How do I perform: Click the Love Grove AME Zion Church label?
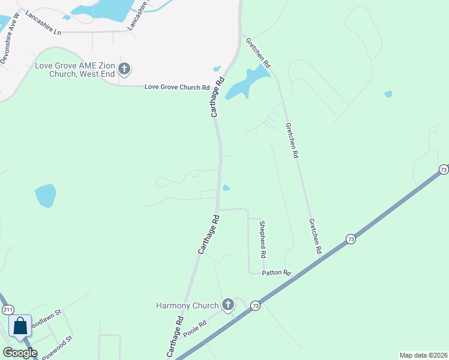pyautogui.click(x=74, y=70)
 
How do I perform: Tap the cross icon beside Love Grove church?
pyautogui.click(x=124, y=69)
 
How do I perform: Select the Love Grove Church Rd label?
pyautogui.click(x=176, y=87)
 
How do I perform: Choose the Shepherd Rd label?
pyautogui.click(x=262, y=239)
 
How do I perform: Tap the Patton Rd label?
pyautogui.click(x=276, y=272)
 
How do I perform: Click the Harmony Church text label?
pyautogui.click(x=187, y=305)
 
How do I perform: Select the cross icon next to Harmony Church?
pyautogui.click(x=228, y=305)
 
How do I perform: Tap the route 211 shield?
pyautogui.click(x=8, y=310)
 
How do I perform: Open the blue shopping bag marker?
pyautogui.click(x=20, y=327)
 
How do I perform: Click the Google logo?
pyautogui.click(x=20, y=353)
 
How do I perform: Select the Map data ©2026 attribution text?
pyautogui.click(x=423, y=355)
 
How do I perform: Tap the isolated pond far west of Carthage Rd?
pyautogui.click(x=45, y=196)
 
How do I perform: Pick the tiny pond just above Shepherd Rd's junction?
pyautogui.click(x=226, y=188)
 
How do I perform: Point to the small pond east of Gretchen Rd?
pyautogui.click(x=388, y=94)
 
